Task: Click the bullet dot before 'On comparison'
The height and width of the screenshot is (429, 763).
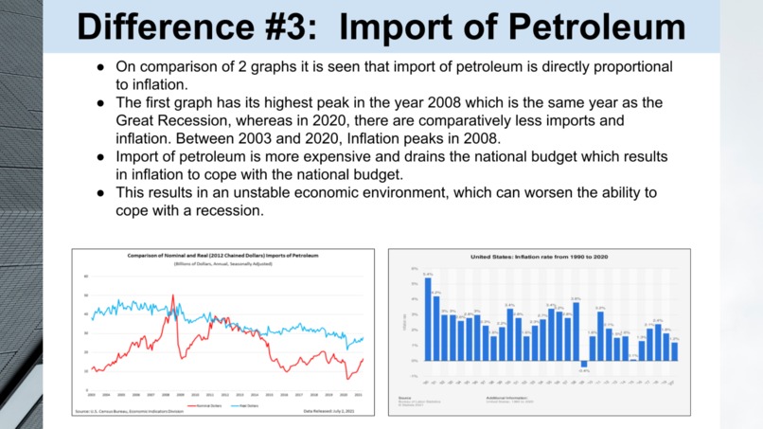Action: click(x=100, y=68)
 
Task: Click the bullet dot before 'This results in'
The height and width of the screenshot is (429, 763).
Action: click(x=100, y=192)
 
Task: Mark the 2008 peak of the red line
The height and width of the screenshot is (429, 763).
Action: click(x=172, y=296)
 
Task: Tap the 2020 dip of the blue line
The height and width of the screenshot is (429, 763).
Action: click(x=347, y=349)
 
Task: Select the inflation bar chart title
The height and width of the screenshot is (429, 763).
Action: click(x=539, y=257)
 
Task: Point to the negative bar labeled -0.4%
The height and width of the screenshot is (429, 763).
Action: click(x=584, y=364)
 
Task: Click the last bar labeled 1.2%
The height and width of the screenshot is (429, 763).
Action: click(x=674, y=350)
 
